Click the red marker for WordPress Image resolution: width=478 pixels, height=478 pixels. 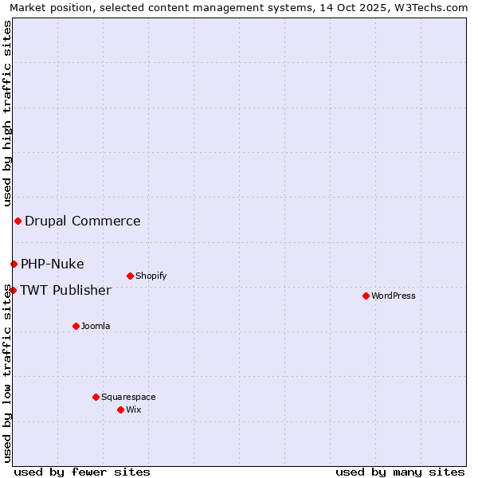(366, 296)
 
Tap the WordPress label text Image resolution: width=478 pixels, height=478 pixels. (393, 296)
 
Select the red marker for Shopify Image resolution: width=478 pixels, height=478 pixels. (130, 276)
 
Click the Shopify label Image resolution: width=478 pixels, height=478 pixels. (151, 276)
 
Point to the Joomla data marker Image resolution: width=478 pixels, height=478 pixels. (76, 326)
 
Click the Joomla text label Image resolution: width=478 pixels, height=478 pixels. (96, 326)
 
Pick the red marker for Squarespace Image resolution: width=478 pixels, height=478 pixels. (96, 397)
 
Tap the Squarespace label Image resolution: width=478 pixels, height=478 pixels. (128, 397)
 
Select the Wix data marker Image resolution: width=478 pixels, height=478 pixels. (120, 409)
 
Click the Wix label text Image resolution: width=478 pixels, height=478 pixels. (133, 409)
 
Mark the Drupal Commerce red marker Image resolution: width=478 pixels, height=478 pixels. (18, 221)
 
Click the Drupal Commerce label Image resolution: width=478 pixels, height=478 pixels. (82, 221)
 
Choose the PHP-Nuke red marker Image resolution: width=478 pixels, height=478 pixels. (14, 264)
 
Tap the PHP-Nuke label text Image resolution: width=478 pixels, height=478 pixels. (52, 264)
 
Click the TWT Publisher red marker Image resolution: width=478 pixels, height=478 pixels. (13, 290)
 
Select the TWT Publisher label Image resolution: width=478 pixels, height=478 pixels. (65, 290)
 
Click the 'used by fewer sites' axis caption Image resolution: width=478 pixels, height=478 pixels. (82, 472)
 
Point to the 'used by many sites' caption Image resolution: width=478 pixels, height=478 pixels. (400, 472)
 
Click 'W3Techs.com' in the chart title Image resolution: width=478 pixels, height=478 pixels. (430, 7)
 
